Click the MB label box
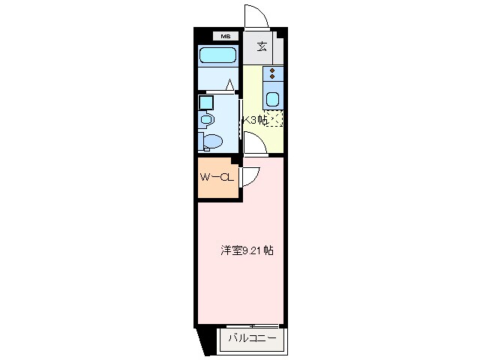[x=226, y=35]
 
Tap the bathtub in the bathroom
[x=218, y=55]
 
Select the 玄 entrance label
[x=262, y=46]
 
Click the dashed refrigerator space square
[x=275, y=118]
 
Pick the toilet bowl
[x=213, y=141]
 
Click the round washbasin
[x=208, y=118]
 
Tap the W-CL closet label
[x=218, y=178]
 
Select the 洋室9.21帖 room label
[x=246, y=250]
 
